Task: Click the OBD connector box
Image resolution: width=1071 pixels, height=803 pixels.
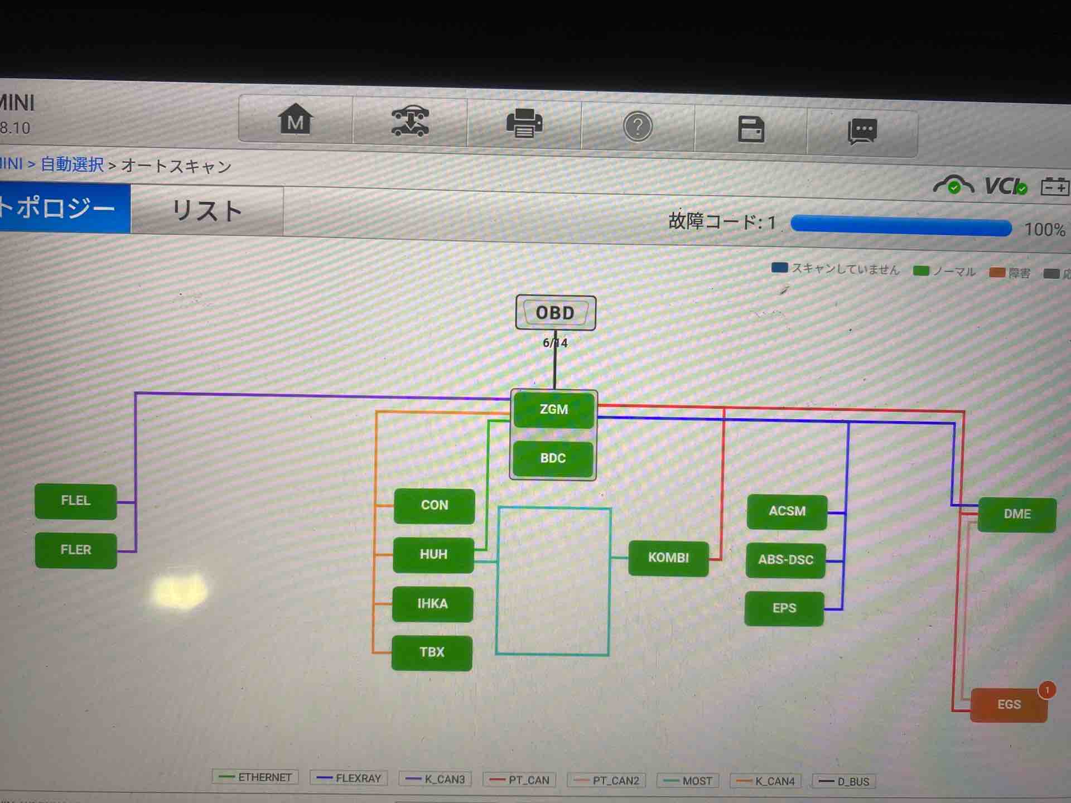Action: tap(556, 313)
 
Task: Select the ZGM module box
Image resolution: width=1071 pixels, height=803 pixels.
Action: tap(554, 410)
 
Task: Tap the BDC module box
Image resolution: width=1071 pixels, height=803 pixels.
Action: tap(553, 458)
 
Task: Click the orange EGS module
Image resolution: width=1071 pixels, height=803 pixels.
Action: tap(1009, 705)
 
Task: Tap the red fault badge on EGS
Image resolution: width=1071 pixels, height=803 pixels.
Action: tap(1047, 690)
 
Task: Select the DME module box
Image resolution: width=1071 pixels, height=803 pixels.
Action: tap(1017, 514)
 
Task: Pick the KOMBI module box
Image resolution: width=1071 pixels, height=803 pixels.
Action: tap(668, 558)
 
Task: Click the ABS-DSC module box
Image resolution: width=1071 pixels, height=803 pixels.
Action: tap(785, 560)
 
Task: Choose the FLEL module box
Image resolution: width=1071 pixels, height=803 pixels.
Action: tap(76, 501)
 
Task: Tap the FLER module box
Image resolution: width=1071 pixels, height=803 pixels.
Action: tap(76, 550)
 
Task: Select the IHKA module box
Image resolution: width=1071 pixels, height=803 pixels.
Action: tap(432, 604)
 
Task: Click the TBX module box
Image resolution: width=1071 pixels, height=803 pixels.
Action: tap(432, 652)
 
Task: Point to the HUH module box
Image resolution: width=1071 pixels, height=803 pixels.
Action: tap(433, 555)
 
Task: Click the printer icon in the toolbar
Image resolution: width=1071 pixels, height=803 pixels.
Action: tap(524, 123)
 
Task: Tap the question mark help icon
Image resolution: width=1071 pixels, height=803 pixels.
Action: tap(638, 127)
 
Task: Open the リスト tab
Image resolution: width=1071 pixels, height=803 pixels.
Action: tap(207, 211)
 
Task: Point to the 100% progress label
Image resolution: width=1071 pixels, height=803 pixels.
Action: tap(1044, 230)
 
